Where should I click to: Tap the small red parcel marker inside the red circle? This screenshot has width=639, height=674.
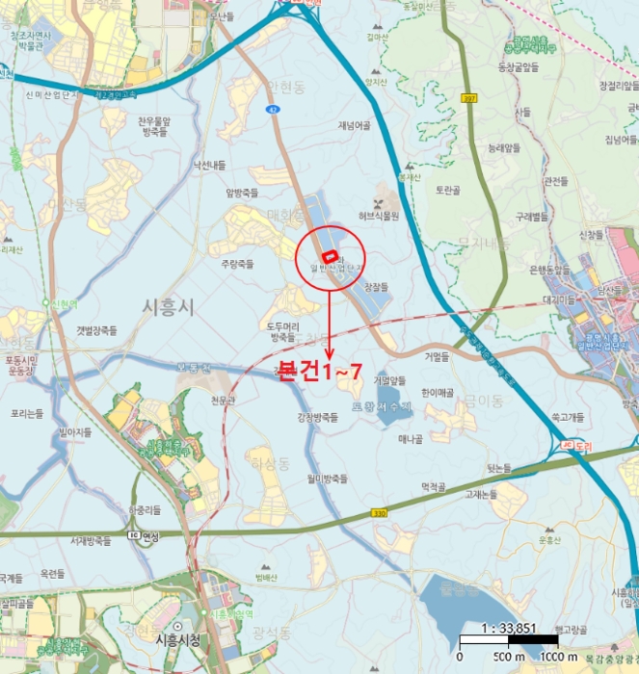pyautogui.click(x=329, y=256)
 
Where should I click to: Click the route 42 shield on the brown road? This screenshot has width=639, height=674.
pyautogui.click(x=275, y=111)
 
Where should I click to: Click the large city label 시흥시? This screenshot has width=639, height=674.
pyautogui.click(x=169, y=306)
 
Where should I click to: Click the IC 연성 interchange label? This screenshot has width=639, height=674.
pyautogui.click(x=144, y=532)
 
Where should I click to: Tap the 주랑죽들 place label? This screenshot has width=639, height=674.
pyautogui.click(x=236, y=263)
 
